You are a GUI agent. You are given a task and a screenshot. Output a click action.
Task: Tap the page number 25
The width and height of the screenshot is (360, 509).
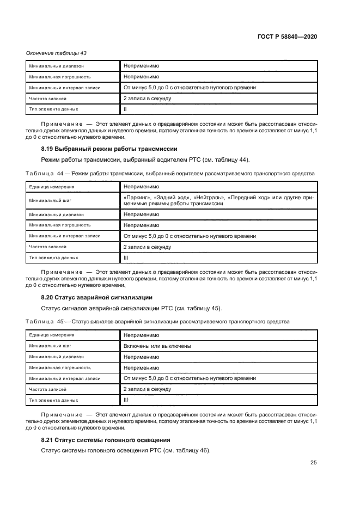[x=313, y=463]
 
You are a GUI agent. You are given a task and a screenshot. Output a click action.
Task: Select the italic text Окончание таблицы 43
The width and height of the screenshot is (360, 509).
[x=57, y=53]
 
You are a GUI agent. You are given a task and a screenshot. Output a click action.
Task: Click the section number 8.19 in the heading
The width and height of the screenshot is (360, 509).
[x=48, y=149]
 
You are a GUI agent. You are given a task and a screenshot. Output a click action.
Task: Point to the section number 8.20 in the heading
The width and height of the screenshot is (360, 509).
[x=48, y=297]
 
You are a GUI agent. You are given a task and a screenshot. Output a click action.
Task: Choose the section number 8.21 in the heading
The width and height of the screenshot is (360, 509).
[x=48, y=439]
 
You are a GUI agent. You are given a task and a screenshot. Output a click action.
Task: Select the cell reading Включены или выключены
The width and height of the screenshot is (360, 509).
[x=157, y=346]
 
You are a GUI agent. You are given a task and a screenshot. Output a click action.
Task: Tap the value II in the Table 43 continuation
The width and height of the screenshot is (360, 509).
[x=125, y=109]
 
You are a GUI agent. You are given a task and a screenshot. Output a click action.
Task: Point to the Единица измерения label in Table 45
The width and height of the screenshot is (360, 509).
[x=52, y=335]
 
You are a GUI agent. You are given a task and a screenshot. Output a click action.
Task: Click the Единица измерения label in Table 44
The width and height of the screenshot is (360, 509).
[x=52, y=186]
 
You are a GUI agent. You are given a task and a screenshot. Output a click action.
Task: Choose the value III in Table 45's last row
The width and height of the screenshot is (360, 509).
[x=126, y=400]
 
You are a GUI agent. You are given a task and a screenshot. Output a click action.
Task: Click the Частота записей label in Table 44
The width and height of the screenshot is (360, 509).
[x=48, y=247]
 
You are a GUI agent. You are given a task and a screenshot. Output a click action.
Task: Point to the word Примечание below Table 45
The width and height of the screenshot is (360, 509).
[x=63, y=415]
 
